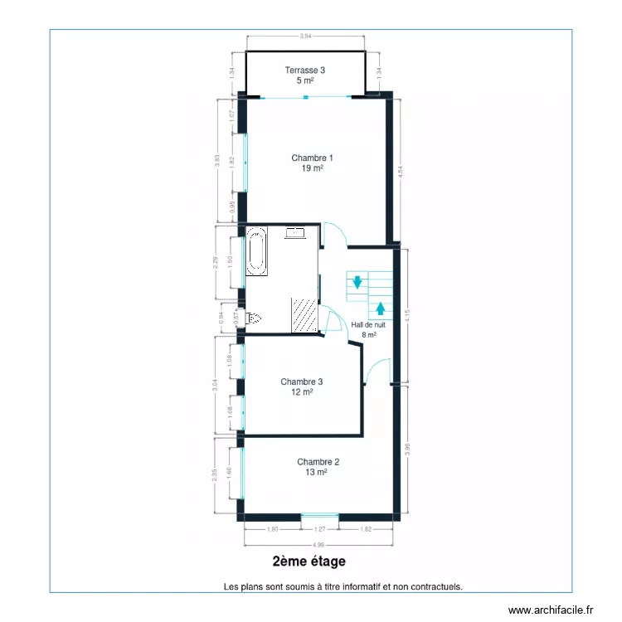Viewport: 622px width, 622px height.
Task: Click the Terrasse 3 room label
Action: (305, 75)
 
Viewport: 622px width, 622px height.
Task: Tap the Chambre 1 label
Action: (312, 162)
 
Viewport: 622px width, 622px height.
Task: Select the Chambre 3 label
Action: (301, 386)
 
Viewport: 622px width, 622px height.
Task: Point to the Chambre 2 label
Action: (318, 466)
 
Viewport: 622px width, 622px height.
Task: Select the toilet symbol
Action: (255, 318)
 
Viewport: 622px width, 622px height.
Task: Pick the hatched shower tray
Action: (304, 315)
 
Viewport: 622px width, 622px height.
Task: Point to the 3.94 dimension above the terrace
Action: (306, 36)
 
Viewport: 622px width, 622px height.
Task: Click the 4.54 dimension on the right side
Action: (401, 173)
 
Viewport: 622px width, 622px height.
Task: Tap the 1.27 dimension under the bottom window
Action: (320, 529)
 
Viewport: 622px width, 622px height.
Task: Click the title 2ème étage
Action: (309, 562)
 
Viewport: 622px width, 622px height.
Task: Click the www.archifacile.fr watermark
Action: (552, 610)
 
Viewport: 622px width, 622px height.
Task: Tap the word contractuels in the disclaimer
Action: (436, 586)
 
